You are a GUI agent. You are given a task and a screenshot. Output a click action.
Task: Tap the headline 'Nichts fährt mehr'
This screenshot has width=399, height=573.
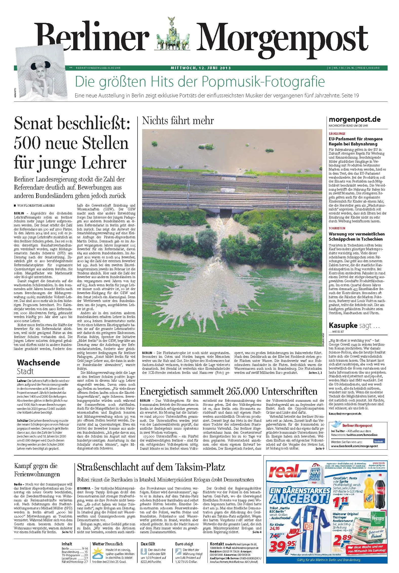(x=178, y=121)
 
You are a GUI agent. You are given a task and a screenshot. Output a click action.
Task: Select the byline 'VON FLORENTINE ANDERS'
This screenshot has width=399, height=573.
(x=36, y=205)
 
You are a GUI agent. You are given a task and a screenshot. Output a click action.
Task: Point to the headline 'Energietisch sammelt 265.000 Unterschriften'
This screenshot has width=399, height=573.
(x=229, y=391)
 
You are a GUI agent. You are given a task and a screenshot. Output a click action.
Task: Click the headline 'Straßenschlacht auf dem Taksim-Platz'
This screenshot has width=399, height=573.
(x=151, y=467)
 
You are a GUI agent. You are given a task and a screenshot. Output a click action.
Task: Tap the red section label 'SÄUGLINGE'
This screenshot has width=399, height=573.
(x=337, y=133)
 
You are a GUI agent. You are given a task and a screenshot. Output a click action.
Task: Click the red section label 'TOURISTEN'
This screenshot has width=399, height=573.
(x=337, y=228)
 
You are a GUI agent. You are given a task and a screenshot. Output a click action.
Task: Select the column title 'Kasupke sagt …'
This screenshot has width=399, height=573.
(x=354, y=325)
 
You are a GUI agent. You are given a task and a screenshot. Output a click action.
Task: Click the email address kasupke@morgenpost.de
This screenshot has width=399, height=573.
(x=345, y=414)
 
